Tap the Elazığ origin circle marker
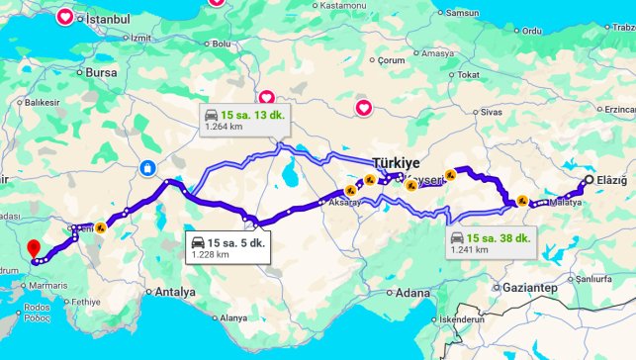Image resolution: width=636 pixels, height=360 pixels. tap(589, 180)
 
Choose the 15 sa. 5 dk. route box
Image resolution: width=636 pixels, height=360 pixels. tap(227, 245)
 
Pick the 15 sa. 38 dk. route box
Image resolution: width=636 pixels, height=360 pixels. tap(491, 242)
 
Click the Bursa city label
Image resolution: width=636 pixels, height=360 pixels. tap(103, 72)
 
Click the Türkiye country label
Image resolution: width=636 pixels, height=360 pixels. tap(397, 162)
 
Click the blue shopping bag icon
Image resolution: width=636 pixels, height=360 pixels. tap(147, 168)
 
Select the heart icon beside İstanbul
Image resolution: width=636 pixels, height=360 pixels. tap(65, 17)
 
